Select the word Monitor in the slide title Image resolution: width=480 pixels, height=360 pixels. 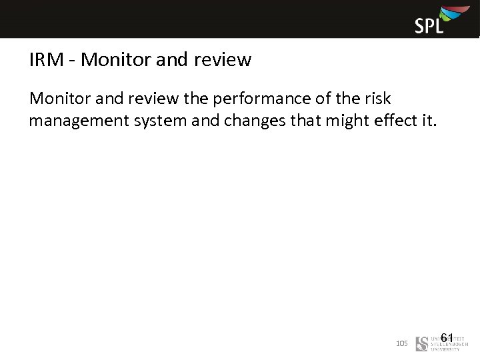point(109,60)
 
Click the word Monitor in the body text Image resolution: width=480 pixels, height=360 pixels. point(61,99)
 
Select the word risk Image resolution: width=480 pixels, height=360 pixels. point(377,99)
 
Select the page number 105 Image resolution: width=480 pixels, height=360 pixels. point(401,343)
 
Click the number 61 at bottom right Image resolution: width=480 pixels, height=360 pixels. point(447,338)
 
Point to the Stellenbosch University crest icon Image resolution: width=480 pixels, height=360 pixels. point(421,344)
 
